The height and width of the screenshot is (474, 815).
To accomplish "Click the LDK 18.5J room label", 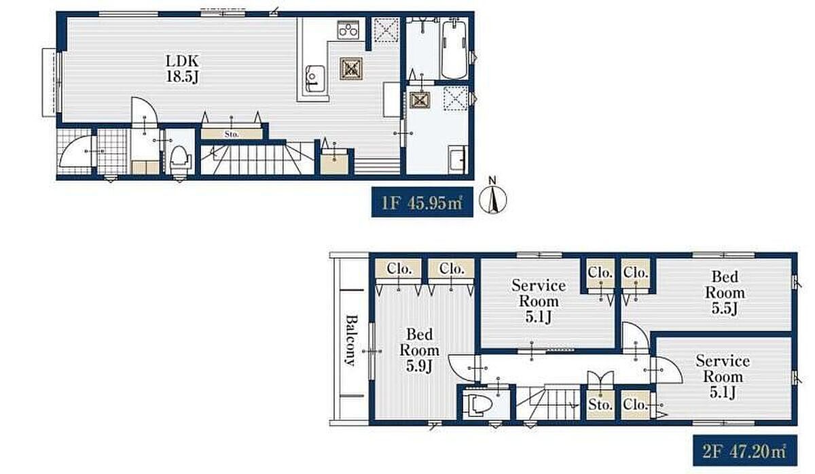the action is [182, 69].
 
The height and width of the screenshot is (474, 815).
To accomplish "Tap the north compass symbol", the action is [492, 197].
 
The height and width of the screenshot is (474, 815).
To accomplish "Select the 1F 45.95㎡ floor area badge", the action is [422, 202].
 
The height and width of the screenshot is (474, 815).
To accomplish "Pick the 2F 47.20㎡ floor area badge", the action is [745, 450].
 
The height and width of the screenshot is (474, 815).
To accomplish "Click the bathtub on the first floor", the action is [454, 49].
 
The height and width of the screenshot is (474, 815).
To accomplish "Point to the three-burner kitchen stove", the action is [348, 29].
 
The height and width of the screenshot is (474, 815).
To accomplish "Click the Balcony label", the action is [350, 340].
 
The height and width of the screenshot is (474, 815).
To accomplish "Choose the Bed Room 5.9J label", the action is [420, 350].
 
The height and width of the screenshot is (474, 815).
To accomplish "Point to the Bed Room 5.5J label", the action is [725, 292].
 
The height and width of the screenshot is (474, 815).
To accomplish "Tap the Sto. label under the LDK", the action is [232, 134].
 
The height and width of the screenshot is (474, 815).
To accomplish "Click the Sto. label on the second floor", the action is [600, 405].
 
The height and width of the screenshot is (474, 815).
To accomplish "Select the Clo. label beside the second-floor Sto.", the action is [635, 404].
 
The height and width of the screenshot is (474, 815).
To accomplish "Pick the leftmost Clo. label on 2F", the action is [399, 269].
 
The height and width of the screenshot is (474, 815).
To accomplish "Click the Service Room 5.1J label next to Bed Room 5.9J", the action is [539, 301].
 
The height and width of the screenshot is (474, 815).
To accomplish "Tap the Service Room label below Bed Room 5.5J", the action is [723, 376].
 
